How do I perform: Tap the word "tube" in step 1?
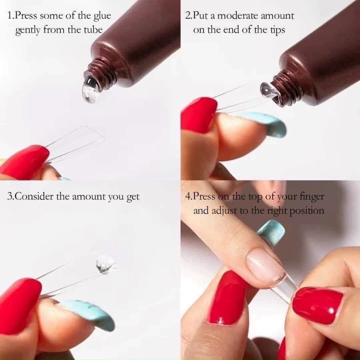92,31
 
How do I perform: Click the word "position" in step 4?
307,211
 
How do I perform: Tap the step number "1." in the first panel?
11,16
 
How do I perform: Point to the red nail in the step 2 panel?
198,115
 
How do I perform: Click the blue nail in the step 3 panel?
88,313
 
